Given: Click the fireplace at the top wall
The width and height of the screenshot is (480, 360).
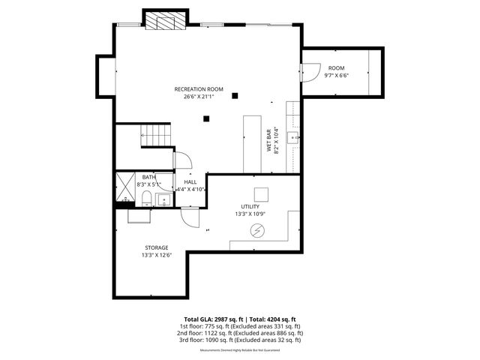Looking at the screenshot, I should click(x=164, y=22).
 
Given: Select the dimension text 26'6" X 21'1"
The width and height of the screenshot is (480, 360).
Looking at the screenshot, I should click(x=199, y=97).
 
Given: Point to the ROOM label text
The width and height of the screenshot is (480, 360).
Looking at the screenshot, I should click(x=336, y=68).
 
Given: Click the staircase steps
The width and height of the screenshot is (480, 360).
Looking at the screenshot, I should click(x=157, y=135).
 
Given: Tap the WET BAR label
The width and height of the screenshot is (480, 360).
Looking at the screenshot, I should click(x=268, y=140).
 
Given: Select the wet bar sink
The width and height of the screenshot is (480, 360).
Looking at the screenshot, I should click(x=296, y=138).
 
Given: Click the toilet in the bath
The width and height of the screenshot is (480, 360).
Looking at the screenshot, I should click(x=147, y=199).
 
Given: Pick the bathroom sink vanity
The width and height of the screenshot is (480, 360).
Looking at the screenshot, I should click(x=165, y=199).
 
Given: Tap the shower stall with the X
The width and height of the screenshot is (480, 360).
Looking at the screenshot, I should click(x=124, y=188).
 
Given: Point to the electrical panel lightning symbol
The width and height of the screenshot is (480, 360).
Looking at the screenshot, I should click(x=257, y=232).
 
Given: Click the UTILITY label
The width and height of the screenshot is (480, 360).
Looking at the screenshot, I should click(x=250, y=206).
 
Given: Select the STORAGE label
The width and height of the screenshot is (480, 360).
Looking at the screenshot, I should click(x=156, y=247).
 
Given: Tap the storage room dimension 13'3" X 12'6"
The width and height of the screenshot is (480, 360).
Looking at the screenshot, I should click(x=156, y=255).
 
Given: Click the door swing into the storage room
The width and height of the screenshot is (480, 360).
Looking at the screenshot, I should click(x=190, y=217).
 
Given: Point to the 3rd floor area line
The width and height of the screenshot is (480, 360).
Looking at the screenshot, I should click(x=239, y=340).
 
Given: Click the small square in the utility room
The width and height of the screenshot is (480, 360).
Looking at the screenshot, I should click(x=260, y=193).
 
